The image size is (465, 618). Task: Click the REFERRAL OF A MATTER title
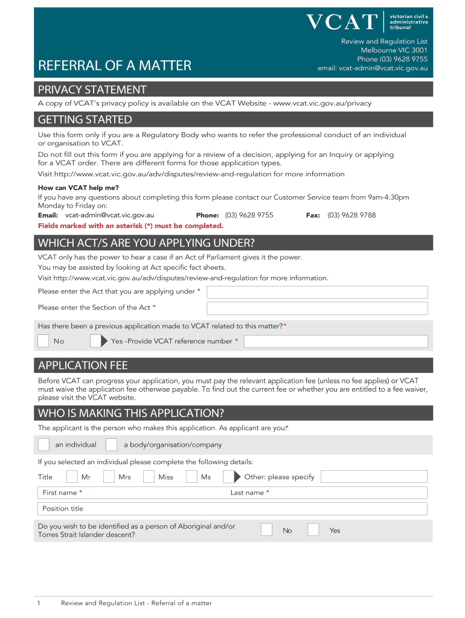click(115, 66)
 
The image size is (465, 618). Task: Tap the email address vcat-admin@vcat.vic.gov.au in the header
click(373, 68)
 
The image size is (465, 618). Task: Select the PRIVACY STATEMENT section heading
click(92, 90)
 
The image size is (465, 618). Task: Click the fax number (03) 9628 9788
click(351, 215)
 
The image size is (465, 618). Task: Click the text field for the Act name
click(317, 292)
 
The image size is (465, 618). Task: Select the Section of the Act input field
click(317, 308)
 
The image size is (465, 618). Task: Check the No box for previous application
click(43, 341)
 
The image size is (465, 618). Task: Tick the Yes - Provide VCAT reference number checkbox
click(96, 341)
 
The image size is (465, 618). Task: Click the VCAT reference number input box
click(335, 342)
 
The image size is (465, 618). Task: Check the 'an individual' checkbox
click(43, 445)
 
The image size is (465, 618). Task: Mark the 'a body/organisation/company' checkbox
click(111, 445)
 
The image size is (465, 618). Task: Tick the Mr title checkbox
click(72, 477)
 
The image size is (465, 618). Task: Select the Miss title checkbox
click(149, 477)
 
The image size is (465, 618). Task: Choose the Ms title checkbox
click(191, 477)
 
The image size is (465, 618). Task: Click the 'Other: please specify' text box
click(373, 477)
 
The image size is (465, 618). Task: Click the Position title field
click(232, 509)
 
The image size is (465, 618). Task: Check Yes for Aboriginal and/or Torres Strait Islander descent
click(313, 530)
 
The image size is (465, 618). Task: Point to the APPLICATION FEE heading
click(83, 366)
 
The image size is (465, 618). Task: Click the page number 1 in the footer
click(38, 603)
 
